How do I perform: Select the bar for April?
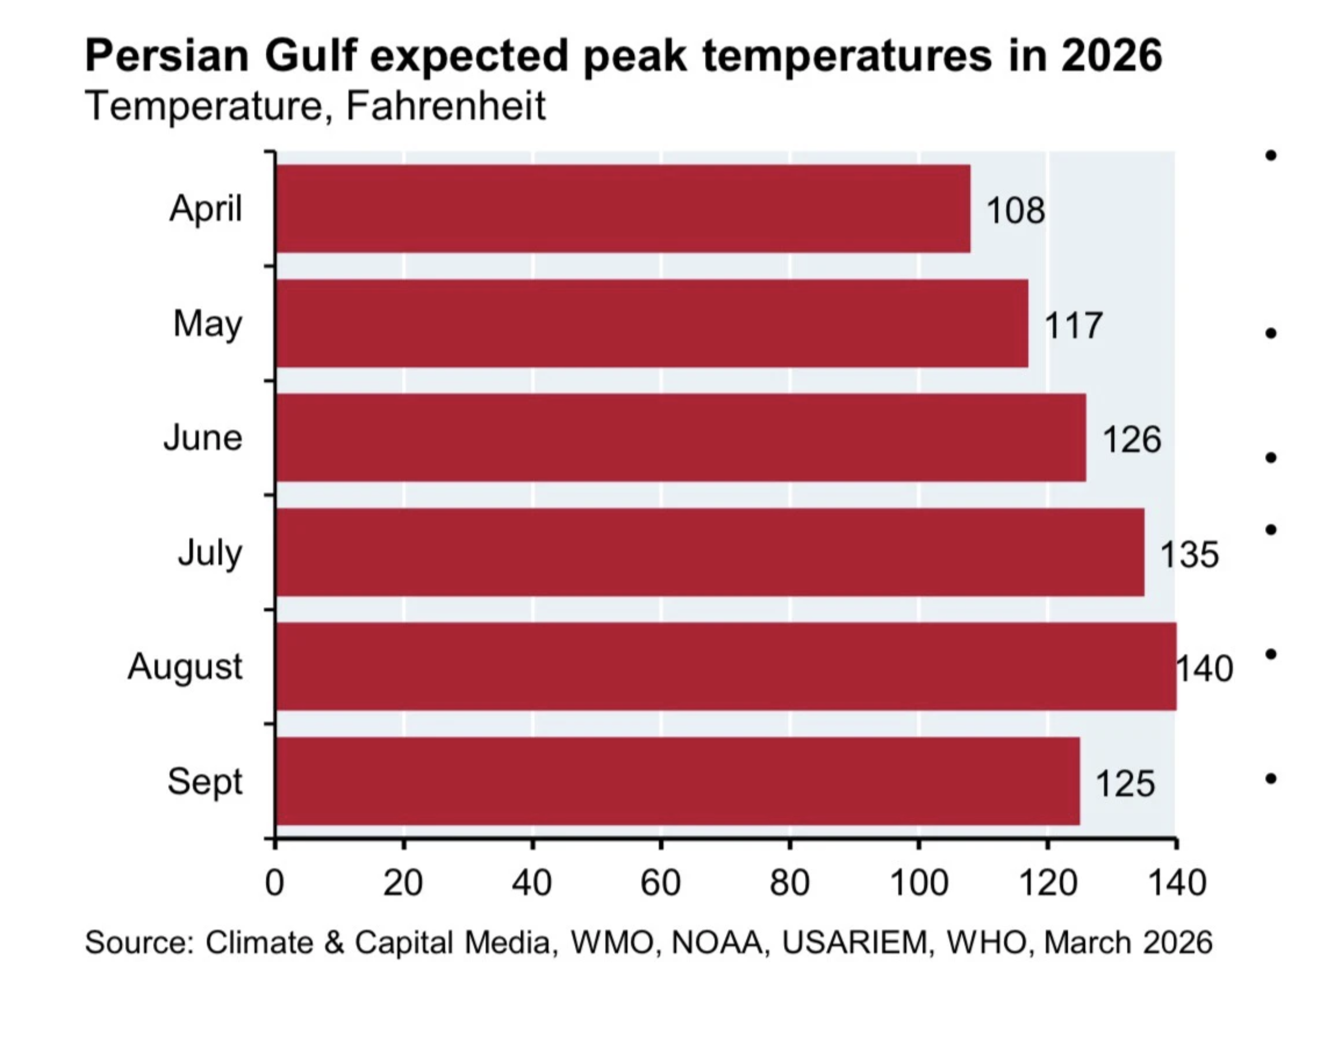tap(623, 208)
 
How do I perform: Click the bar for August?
tap(726, 666)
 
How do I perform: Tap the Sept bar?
tap(678, 781)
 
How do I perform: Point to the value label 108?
tap(1015, 211)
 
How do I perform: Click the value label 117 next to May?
tap(1073, 326)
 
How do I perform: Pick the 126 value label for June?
tap(1131, 440)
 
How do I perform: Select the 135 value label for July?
tap(1189, 555)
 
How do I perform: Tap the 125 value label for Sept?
tap(1125, 784)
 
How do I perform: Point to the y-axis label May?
tap(208, 323)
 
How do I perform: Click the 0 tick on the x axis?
tap(275, 883)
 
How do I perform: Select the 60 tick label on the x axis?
tap(660, 883)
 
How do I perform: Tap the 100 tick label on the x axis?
tap(918, 883)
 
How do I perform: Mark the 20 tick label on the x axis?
tap(403, 883)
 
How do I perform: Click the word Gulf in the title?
tap(310, 56)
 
